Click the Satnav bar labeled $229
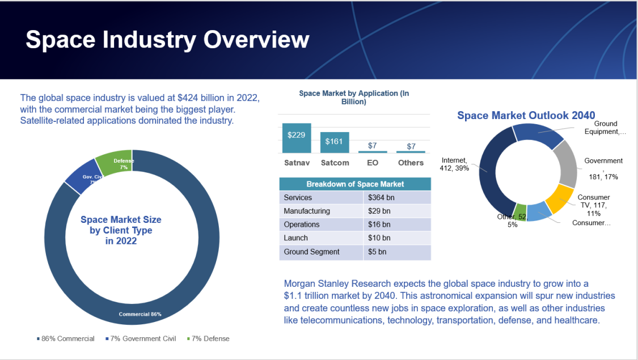coord(296,137)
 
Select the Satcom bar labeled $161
coord(334,142)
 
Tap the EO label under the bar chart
coord(373,163)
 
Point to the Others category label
coord(411,163)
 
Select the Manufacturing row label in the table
coord(307,211)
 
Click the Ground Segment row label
coord(311,252)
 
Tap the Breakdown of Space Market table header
coord(355,184)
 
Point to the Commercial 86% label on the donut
coord(140,314)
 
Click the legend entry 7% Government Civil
coord(143,338)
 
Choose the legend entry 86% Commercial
coord(67,338)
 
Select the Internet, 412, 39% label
coord(455,164)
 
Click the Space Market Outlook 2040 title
coord(526,115)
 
